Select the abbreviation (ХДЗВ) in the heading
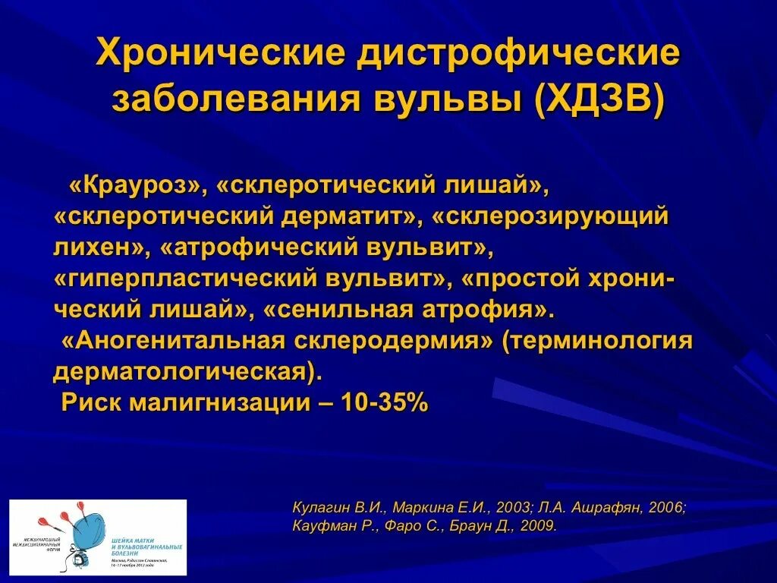pyautogui.click(x=599, y=99)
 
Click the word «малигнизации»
pyautogui.click(x=219, y=404)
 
